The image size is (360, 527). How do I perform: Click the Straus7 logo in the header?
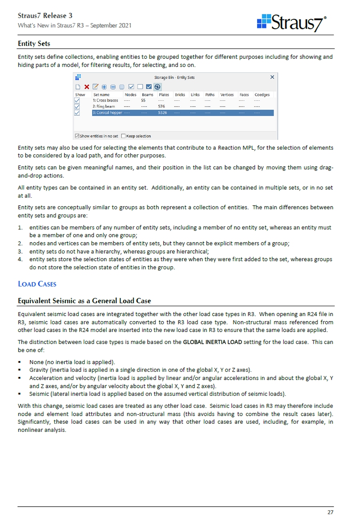[292, 23]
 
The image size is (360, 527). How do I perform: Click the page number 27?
[330, 512]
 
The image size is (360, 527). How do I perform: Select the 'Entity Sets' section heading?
[34, 43]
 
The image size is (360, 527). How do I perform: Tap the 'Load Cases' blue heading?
[37, 284]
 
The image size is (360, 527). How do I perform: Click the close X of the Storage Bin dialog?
[272, 77]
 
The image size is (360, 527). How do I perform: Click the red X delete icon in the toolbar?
[87, 87]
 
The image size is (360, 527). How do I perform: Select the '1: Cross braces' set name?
[105, 100]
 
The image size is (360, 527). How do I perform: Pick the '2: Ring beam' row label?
[104, 106]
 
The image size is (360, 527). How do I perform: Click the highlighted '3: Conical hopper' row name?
[107, 113]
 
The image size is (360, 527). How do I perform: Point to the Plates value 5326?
[162, 113]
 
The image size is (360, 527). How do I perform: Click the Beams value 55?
[143, 100]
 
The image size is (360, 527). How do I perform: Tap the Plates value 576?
[162, 106]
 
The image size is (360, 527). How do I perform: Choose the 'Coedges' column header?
[262, 95]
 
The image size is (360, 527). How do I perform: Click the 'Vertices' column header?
[227, 95]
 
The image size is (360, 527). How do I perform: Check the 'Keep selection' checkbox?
[123, 136]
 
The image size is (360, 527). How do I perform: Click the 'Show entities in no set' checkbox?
[77, 136]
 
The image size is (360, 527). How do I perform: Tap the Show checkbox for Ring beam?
[77, 106]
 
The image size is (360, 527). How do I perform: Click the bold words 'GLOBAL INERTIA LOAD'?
[212, 342]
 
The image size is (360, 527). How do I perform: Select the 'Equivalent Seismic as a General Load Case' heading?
[84, 301]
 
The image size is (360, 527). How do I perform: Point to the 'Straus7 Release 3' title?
[45, 16]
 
